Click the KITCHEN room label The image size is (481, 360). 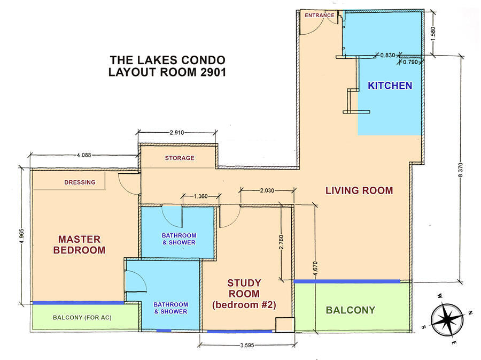pos(390,86)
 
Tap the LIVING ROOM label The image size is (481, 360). pos(359,190)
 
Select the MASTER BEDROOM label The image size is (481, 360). pos(79,244)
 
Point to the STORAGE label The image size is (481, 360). pos(180,158)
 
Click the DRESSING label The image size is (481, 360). pos(80,182)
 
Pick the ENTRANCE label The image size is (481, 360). pos(320,16)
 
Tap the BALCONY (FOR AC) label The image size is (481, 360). pos(82,317)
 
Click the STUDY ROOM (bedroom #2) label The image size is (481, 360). pos(244,294)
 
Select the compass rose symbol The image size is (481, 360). pos(447,319)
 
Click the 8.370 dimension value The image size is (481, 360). pos(461,170)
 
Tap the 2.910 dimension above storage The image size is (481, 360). pos(177,133)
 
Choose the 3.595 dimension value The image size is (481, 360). pos(247,345)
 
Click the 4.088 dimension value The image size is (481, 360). pos(84,155)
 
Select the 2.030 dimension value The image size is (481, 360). pos(267,190)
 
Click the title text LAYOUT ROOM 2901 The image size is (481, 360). pos(167,72)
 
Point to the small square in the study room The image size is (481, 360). pos(285,325)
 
